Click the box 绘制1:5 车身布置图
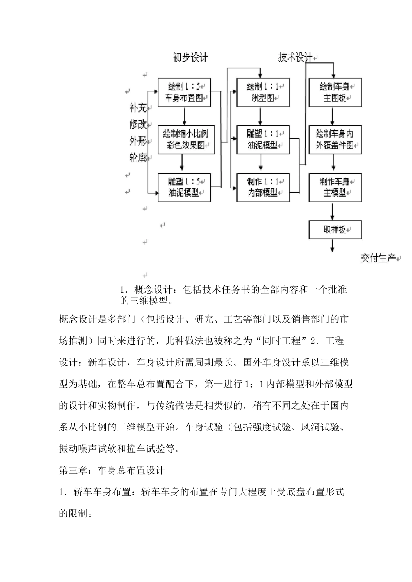[x=184, y=92]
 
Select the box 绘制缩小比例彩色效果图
[x=186, y=139]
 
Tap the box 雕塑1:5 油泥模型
[x=184, y=187]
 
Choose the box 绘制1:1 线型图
[x=263, y=92]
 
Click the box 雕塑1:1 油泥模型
[x=263, y=139]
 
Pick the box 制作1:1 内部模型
[x=263, y=187]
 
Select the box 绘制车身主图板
[x=335, y=92]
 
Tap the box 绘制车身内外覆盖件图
[x=335, y=139]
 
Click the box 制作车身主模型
[x=335, y=187]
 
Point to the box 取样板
[x=335, y=230]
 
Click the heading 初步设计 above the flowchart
[x=190, y=58]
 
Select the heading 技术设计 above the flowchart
[x=295, y=58]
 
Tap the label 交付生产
[x=378, y=259]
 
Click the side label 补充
[x=138, y=107]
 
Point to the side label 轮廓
[x=138, y=158]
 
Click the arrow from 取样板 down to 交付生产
[x=333, y=246]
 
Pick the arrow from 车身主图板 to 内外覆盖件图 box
[x=333, y=116]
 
